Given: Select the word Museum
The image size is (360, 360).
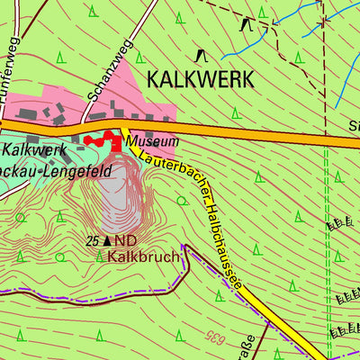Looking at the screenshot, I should point(151,141).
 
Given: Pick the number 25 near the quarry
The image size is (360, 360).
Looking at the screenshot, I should point(93,241).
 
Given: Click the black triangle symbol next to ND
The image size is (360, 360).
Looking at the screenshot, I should point(108,241).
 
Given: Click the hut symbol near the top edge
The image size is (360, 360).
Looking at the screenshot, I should point(247,23).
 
